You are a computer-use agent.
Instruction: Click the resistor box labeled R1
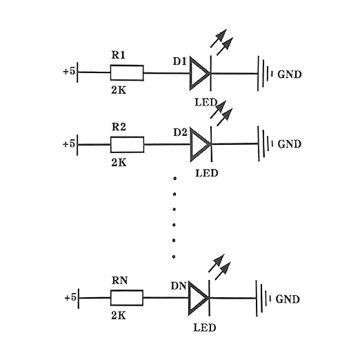[x=127, y=73]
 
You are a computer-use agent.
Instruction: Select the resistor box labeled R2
[x=127, y=145]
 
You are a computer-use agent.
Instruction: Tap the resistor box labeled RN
[x=127, y=298]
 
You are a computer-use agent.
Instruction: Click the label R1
[x=118, y=55]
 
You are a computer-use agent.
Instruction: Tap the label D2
[x=180, y=132]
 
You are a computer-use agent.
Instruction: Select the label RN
[x=119, y=281]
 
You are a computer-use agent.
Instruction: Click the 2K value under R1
[x=119, y=90]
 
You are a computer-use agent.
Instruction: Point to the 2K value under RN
[x=119, y=316]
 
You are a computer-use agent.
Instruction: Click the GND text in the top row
[x=290, y=74]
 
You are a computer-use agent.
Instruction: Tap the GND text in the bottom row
[x=288, y=299]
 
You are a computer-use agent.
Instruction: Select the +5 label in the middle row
[x=69, y=144]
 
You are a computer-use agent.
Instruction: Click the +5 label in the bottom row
[x=70, y=298]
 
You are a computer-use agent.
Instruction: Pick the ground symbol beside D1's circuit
[x=265, y=74]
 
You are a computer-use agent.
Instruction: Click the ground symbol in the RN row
[x=263, y=299]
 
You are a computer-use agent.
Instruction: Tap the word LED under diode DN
[x=205, y=328]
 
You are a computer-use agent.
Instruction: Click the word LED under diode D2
[x=207, y=173]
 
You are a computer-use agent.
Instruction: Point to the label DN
[x=179, y=286]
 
